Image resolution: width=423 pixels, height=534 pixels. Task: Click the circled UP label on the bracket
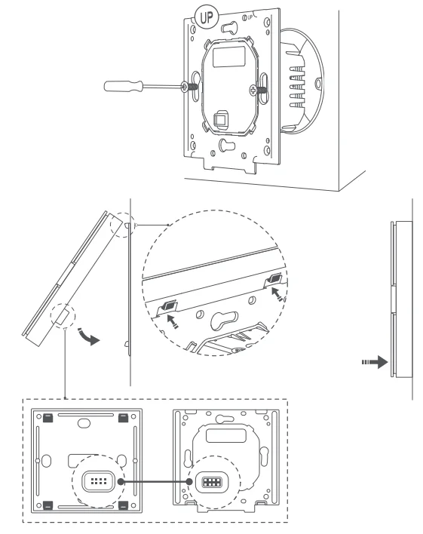(x=205, y=16)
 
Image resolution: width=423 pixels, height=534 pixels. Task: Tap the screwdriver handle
(x=123, y=86)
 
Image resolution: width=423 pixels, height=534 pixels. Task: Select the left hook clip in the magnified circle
(x=169, y=306)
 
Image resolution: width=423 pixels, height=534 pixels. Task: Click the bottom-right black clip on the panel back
(x=122, y=505)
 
